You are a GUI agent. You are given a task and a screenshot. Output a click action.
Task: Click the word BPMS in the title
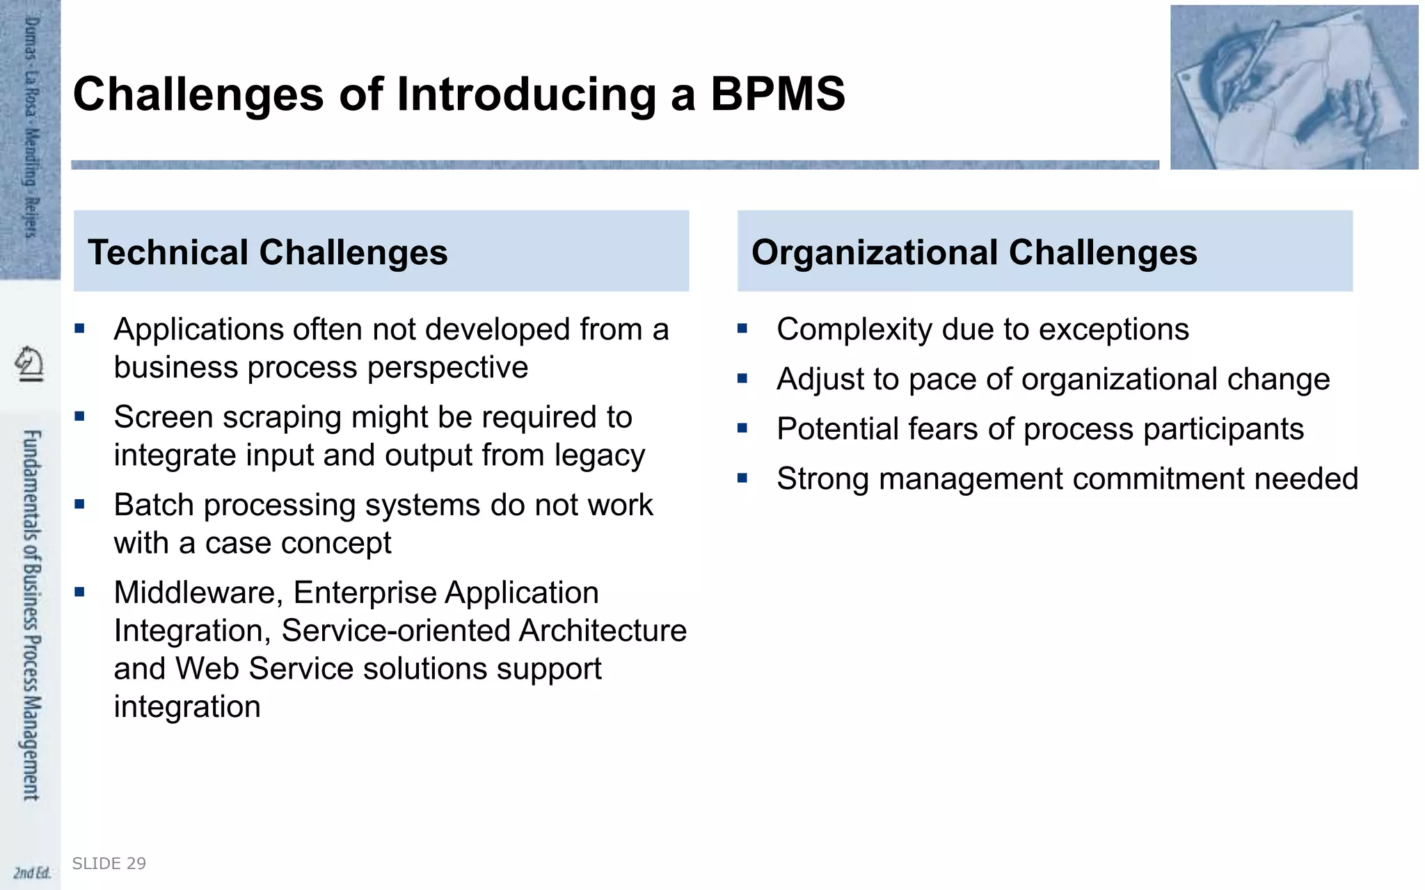coord(777,94)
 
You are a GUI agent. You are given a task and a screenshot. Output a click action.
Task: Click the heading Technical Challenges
coord(268,252)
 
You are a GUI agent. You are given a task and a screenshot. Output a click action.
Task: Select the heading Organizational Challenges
coord(974,252)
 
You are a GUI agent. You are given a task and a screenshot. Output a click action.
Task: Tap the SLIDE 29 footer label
coord(109,864)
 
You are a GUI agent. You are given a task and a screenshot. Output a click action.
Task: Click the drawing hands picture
coord(1293,88)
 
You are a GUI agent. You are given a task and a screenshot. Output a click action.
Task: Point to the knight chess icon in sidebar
coord(29,364)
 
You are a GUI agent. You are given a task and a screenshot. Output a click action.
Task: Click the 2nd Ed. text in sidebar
coord(32,873)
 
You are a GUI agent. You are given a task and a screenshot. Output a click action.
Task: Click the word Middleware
coord(198,593)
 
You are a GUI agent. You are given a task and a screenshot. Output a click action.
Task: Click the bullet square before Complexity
coord(742,328)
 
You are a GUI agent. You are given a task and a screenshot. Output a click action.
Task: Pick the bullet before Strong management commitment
coord(742,478)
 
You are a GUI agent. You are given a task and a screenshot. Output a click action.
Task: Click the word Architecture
coord(603,631)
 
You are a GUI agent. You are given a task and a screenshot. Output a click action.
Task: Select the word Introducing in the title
coord(526,94)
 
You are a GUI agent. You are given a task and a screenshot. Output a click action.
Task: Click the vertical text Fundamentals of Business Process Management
coord(31,615)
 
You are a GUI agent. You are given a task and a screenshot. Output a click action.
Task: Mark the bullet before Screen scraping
coord(79,416)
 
